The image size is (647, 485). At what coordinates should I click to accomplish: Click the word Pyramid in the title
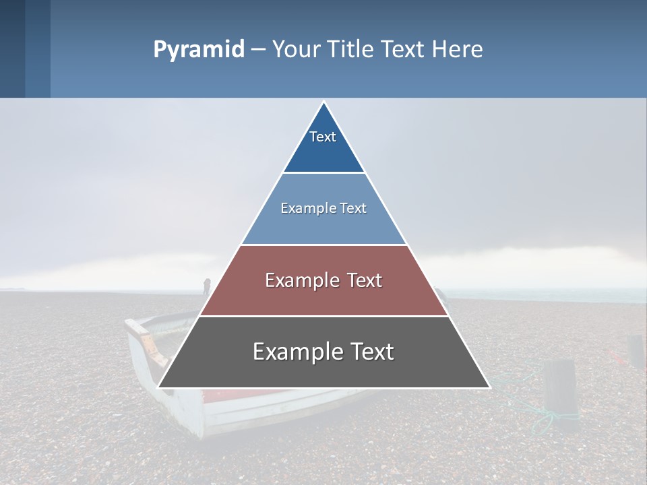tap(199, 49)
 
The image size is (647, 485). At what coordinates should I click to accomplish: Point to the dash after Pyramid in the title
tap(257, 50)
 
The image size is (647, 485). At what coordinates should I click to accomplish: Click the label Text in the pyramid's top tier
tap(323, 137)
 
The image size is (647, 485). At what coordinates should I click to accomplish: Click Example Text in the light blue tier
tap(323, 208)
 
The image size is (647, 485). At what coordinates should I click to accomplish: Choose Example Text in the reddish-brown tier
tap(323, 280)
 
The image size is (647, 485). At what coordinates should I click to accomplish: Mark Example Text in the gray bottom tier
tap(323, 352)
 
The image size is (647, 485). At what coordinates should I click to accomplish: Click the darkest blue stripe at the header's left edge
tap(12, 48)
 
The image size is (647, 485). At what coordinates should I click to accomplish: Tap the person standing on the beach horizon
tap(207, 286)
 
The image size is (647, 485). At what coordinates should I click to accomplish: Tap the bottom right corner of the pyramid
tap(489, 387)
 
